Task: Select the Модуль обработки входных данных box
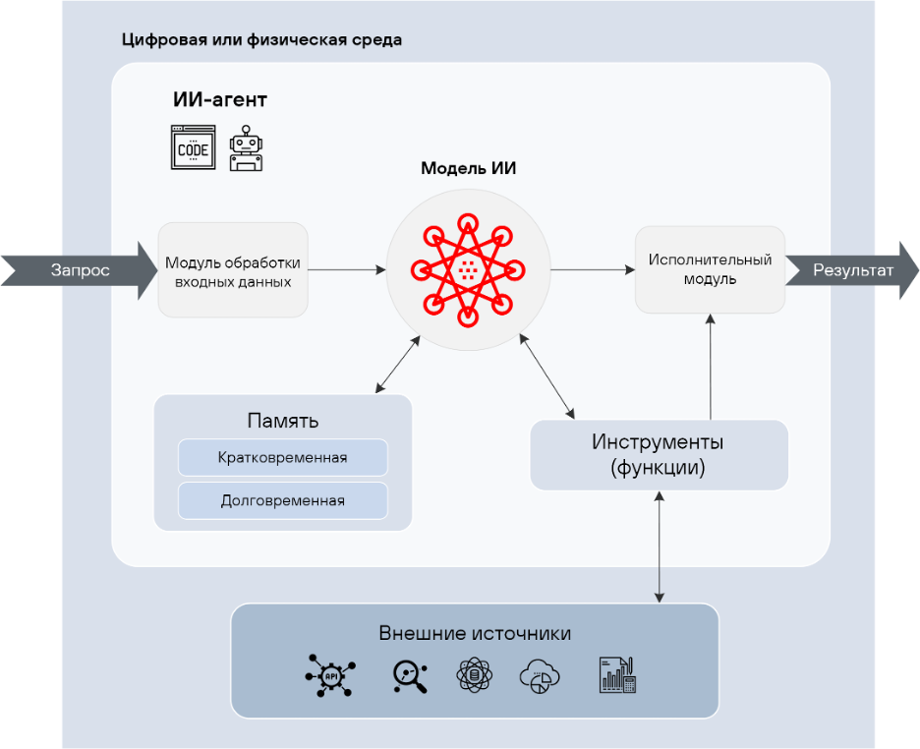coord(233,270)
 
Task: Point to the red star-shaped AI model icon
coord(468,268)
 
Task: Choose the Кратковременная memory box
coord(282,458)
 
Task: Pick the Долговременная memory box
coord(282,500)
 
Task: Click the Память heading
coord(282,422)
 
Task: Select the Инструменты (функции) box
coord(659,455)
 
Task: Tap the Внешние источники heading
coord(475,632)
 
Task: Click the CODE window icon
coord(193,148)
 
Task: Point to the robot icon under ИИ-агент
coord(246,148)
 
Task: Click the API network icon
coord(329,675)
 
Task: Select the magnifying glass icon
coord(408,675)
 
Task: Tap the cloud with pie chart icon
coord(540,675)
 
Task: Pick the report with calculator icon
coord(617,675)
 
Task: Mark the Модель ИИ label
coord(468,168)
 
